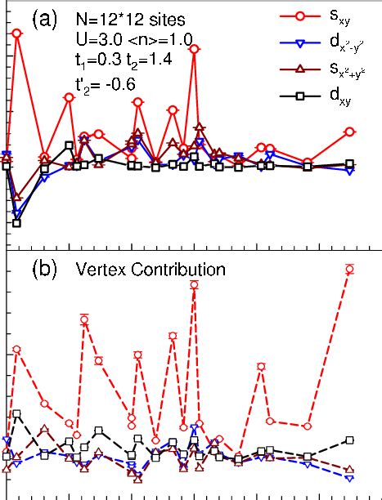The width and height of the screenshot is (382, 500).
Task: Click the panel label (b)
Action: coord(44,268)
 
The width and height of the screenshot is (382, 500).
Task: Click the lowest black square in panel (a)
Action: coord(16,223)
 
